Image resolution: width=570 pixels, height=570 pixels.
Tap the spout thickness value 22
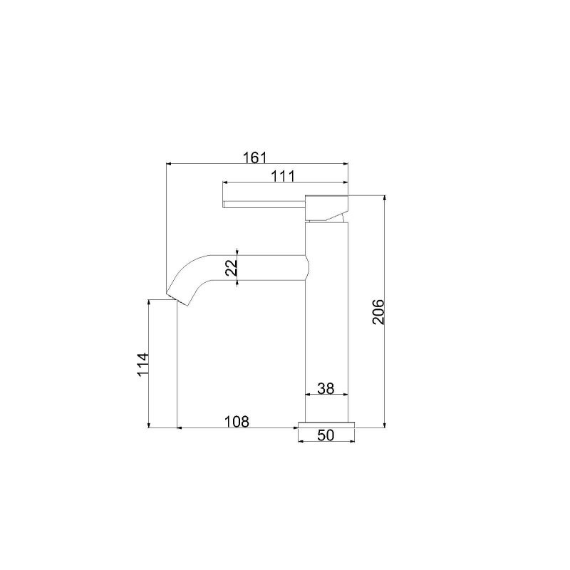pyautogui.click(x=229, y=268)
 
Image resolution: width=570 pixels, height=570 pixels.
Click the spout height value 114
pyautogui.click(x=142, y=365)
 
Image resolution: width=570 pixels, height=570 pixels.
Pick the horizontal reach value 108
pyautogui.click(x=237, y=421)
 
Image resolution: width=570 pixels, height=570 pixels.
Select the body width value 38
pyautogui.click(x=326, y=388)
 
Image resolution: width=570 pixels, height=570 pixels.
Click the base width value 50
pyautogui.click(x=326, y=436)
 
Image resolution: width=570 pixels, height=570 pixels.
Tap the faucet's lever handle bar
pyautogui.click(x=264, y=204)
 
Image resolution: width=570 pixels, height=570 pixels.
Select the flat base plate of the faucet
pyautogui.click(x=326, y=425)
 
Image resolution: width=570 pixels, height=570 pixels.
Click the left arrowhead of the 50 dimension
pyautogui.click(x=300, y=441)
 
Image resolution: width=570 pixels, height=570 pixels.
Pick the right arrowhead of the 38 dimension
pyautogui.click(x=346, y=395)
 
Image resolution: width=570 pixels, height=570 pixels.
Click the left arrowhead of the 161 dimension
pyautogui.click(x=169, y=163)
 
